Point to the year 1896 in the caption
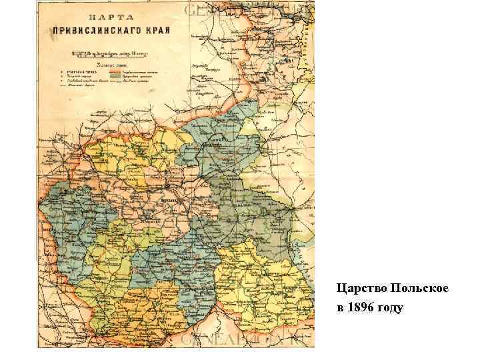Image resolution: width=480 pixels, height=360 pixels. coord(361,308)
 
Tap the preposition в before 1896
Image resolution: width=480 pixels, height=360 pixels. coord(340,308)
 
